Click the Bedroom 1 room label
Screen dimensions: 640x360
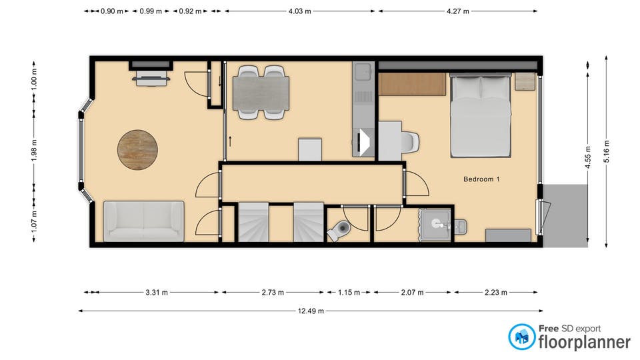(x=481, y=179)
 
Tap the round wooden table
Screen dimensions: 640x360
(x=137, y=150)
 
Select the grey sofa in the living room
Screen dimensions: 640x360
(x=144, y=221)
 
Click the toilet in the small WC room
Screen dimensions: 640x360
(x=339, y=230)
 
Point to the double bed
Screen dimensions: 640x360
(x=481, y=115)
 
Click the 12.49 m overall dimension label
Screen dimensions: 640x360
(x=311, y=311)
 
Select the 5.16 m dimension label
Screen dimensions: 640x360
(x=607, y=151)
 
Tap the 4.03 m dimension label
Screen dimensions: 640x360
(x=299, y=11)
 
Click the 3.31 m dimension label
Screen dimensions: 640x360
(x=157, y=293)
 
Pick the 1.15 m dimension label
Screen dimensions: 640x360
(x=349, y=293)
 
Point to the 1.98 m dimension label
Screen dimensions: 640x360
(x=34, y=150)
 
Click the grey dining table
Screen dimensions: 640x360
(x=261, y=93)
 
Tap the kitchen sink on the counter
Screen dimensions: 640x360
(x=363, y=72)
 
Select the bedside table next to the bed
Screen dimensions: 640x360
(x=525, y=81)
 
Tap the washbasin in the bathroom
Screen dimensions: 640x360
(x=436, y=224)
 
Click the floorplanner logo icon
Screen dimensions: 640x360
(x=521, y=337)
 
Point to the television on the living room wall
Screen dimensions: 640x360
(x=151, y=78)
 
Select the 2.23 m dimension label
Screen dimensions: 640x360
(x=496, y=293)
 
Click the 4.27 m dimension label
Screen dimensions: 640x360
(x=457, y=11)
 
